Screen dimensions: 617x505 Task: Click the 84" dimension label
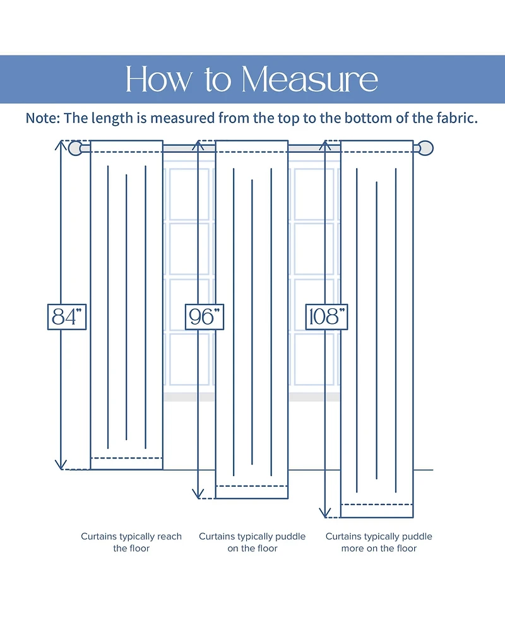pos(67,316)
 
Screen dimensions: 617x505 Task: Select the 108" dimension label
pos(326,316)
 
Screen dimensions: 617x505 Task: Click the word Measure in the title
pos(310,80)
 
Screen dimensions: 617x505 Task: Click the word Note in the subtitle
pos(41,118)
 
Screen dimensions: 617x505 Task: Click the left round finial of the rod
pos(75,148)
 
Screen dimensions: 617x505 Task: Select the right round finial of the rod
pos(427,148)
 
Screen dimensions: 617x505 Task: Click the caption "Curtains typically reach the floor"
pos(131,542)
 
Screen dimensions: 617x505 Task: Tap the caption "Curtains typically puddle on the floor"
pos(252,542)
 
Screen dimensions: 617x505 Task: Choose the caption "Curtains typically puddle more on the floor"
pos(379,542)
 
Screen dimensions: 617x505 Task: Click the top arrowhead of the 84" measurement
pos(61,144)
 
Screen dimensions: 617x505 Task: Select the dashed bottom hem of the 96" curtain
pos(252,486)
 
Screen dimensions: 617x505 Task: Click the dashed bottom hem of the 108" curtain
pos(377,505)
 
